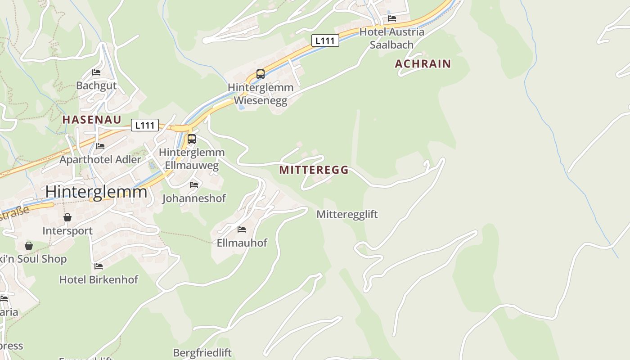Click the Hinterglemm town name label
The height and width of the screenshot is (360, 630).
click(x=96, y=192)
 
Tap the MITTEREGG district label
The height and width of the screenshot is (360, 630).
click(x=314, y=170)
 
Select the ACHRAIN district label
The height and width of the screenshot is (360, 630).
click(x=423, y=64)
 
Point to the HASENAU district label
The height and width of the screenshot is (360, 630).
click(x=92, y=120)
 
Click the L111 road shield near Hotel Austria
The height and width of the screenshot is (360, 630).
click(x=325, y=40)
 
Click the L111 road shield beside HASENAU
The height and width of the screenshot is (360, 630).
click(x=144, y=125)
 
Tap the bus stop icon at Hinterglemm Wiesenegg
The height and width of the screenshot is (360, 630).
click(x=260, y=74)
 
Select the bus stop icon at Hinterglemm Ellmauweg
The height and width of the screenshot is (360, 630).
click(x=192, y=139)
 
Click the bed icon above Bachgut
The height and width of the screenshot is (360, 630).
click(x=96, y=72)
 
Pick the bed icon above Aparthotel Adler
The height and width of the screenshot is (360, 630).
click(x=100, y=146)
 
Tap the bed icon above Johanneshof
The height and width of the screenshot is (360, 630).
click(x=194, y=185)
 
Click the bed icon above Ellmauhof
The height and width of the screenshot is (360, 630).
click(x=242, y=229)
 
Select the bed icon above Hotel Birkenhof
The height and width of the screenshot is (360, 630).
click(x=99, y=266)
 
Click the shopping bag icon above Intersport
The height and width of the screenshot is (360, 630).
click(x=67, y=218)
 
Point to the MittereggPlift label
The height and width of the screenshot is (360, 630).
click(x=347, y=214)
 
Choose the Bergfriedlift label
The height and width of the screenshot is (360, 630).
click(x=202, y=352)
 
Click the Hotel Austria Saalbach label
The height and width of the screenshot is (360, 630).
click(x=391, y=38)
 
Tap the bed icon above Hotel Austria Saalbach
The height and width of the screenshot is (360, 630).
click(x=392, y=18)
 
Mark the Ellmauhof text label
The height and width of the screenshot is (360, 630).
click(x=242, y=243)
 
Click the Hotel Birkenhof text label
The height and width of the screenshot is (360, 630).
click(x=99, y=279)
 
